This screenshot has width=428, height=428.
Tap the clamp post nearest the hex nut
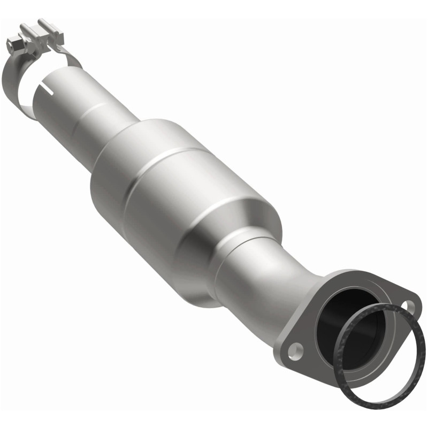coord(26,30)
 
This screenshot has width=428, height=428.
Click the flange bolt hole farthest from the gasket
coord(293,350)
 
